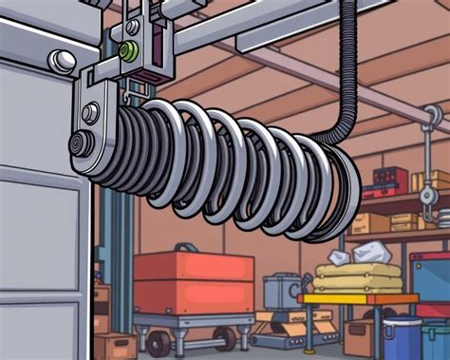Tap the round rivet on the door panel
[65, 61]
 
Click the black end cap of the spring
[77, 145]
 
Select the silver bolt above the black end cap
[90, 113]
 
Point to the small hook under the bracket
[123, 91]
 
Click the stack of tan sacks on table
[358, 277]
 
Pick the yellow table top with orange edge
[357, 298]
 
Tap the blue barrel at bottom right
[402, 338]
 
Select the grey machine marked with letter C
[282, 291]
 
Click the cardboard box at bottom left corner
[115, 345]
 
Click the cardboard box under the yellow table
[360, 336]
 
